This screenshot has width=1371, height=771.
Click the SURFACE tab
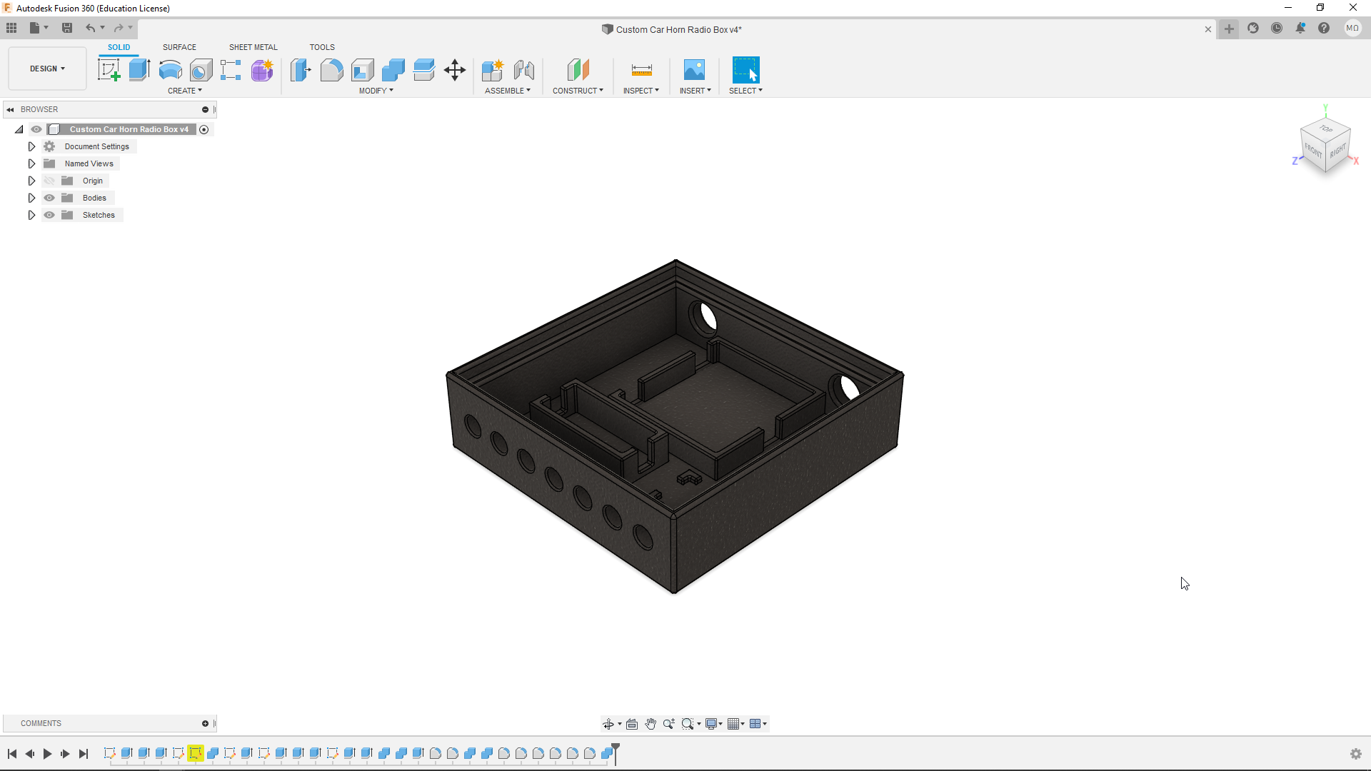179,47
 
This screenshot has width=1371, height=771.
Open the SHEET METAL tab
253,47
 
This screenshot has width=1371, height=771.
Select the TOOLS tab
322,47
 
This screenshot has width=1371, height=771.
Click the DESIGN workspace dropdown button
47,69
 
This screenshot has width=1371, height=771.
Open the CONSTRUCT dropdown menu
578,91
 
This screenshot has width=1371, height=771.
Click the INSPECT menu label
641,91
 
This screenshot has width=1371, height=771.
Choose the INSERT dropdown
695,91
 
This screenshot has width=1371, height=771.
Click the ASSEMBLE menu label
507,91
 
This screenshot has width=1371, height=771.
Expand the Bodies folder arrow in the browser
31,198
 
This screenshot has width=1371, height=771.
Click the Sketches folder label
99,215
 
